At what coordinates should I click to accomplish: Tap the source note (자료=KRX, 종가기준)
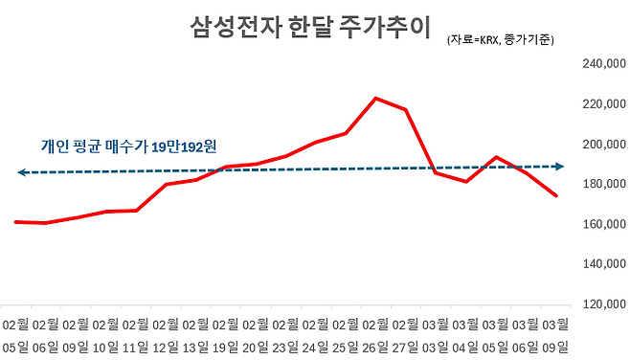click(x=500, y=40)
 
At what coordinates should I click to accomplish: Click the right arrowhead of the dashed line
click(x=560, y=167)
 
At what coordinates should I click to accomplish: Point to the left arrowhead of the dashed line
click(x=21, y=172)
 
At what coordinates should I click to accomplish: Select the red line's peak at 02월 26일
click(x=374, y=98)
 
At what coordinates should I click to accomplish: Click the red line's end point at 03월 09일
click(x=556, y=195)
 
